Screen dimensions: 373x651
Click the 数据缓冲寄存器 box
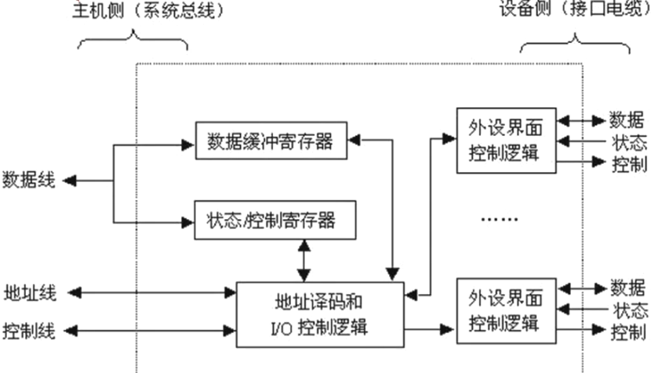[x=270, y=141]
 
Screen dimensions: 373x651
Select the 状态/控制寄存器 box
[x=275, y=220]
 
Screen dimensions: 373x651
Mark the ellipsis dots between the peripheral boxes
[x=499, y=220]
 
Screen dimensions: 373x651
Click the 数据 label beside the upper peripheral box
[x=628, y=119]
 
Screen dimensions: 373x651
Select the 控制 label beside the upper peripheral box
[x=628, y=164]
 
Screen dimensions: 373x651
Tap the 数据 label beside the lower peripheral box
[x=628, y=288]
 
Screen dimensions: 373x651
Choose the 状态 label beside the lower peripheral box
[x=629, y=309]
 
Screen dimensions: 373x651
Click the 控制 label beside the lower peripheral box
[x=628, y=331]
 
